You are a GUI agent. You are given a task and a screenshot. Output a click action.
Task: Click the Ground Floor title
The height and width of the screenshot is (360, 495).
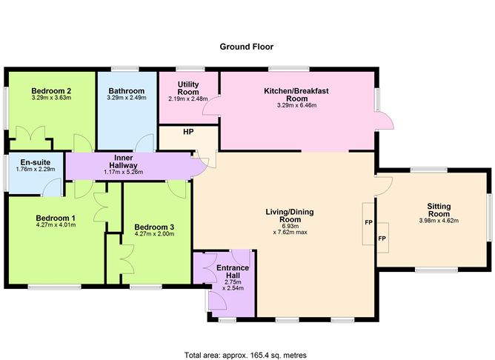[247, 47]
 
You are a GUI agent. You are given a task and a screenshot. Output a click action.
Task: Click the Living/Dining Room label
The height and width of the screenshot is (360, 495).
[290, 216]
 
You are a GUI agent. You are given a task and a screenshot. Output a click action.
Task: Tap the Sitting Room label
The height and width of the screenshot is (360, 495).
[444, 210]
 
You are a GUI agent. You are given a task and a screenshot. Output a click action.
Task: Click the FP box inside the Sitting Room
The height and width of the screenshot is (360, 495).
[382, 239]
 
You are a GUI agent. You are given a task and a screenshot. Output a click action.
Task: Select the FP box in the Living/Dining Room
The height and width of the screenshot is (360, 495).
[368, 221]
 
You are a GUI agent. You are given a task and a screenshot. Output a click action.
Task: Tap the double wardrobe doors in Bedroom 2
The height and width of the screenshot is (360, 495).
[34, 137]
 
